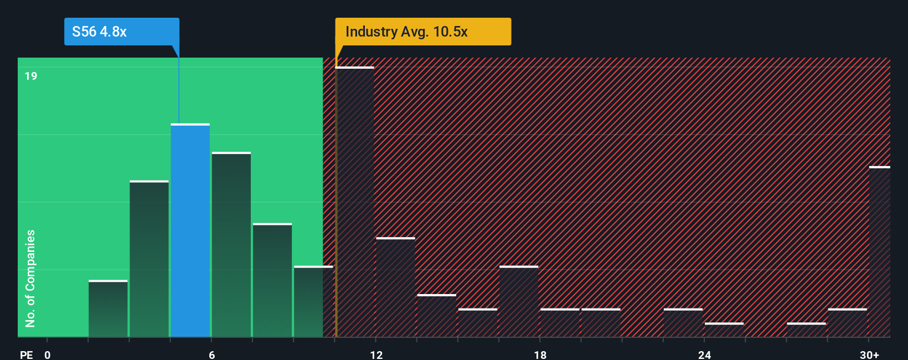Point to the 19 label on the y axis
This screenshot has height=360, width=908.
(31, 76)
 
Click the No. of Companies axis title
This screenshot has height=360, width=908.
(30, 278)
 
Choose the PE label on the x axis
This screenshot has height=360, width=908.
(26, 354)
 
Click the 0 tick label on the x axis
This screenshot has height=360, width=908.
(48, 354)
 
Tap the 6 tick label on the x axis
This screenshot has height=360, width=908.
(211, 354)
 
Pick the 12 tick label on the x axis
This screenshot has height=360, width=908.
(376, 354)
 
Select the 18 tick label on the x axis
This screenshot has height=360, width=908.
(540, 354)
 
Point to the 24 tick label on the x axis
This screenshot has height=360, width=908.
(704, 354)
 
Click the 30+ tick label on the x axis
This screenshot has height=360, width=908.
(869, 354)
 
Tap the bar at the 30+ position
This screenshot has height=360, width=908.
(879, 252)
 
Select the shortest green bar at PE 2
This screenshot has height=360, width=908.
(108, 309)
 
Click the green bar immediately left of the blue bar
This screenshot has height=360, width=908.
(149, 259)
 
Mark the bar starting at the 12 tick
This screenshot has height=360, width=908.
(395, 287)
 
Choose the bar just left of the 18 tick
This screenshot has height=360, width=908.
(519, 302)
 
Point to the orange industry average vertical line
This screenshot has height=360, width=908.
(336, 194)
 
